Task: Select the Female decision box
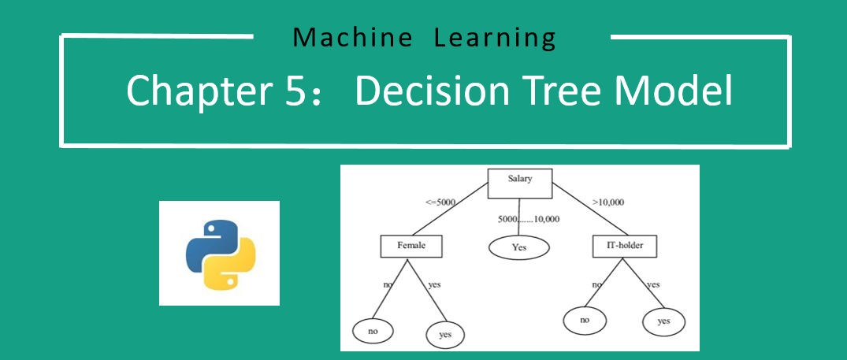410,246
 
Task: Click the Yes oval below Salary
518,247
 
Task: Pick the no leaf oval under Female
373,331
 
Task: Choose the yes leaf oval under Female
444,335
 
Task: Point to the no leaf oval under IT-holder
584,320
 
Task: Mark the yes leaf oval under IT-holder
663,321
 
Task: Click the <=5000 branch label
440,202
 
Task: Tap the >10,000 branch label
607,202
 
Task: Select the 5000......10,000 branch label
528,219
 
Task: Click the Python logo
220,253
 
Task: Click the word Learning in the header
495,37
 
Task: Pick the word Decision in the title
437,91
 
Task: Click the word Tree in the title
570,91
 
